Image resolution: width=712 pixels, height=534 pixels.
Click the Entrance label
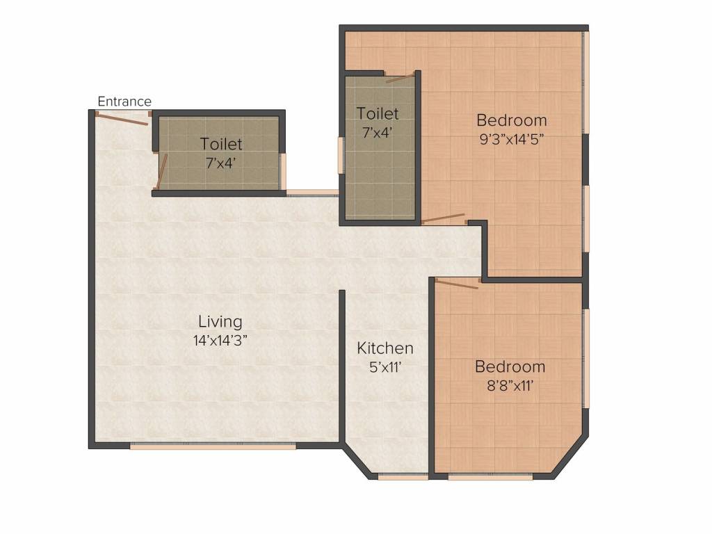click(124, 102)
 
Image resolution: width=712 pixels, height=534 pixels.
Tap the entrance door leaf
click(123, 119)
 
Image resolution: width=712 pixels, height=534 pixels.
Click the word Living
click(220, 322)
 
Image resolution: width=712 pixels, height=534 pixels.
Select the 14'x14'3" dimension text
click(220, 341)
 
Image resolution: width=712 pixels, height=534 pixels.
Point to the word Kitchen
click(385, 348)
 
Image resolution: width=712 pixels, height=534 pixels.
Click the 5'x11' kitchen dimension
click(385, 367)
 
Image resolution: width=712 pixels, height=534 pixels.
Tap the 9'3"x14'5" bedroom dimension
click(512, 139)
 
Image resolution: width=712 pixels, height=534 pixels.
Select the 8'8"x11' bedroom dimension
click(510, 386)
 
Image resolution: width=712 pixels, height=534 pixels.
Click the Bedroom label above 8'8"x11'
click(510, 367)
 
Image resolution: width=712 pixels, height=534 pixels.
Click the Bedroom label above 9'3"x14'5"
click(512, 120)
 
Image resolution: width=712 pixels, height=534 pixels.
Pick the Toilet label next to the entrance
click(221, 144)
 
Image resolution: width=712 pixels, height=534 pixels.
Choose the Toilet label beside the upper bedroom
click(378, 113)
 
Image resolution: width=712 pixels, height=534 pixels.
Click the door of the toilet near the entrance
click(162, 171)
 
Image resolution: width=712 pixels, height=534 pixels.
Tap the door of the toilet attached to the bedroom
click(400, 78)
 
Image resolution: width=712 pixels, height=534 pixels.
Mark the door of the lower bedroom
click(457, 284)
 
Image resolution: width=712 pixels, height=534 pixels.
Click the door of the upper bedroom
click(443, 218)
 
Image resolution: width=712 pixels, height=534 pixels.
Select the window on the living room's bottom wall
click(213, 446)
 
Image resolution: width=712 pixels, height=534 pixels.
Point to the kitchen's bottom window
click(403, 476)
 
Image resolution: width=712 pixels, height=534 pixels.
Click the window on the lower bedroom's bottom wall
click(490, 476)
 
